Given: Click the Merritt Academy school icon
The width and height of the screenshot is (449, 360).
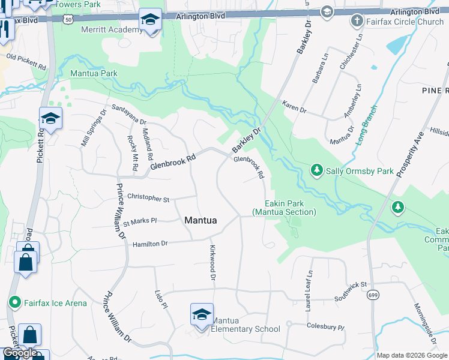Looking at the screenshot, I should [149, 20].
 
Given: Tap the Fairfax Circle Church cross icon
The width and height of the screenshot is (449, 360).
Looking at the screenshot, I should [357, 22].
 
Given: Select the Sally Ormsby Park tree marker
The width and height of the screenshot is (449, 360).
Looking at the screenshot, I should [317, 171].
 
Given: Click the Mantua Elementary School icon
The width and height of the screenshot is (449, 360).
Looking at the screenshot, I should [202, 315].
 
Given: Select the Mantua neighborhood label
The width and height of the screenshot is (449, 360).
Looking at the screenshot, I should [200, 220].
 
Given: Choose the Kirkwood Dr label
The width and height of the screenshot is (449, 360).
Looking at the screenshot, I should [212, 262].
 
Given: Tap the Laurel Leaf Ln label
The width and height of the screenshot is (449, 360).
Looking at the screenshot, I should [309, 290].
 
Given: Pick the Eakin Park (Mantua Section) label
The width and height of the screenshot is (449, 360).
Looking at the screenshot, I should [283, 208].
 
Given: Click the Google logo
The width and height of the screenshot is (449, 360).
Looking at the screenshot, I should [20, 353].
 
